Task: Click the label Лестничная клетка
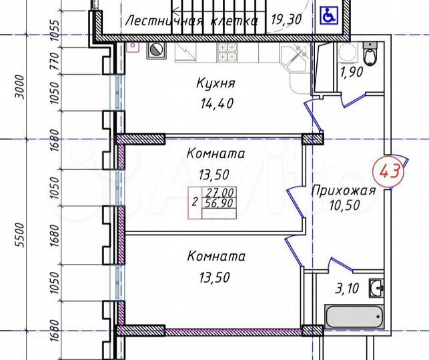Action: click(x=191, y=21)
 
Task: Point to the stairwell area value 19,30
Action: click(x=286, y=20)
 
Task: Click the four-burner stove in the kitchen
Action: click(x=227, y=51)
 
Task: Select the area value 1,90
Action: click(x=352, y=73)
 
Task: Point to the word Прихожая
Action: click(x=344, y=191)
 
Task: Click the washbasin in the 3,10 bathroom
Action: click(x=376, y=288)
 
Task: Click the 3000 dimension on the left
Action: click(x=20, y=87)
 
